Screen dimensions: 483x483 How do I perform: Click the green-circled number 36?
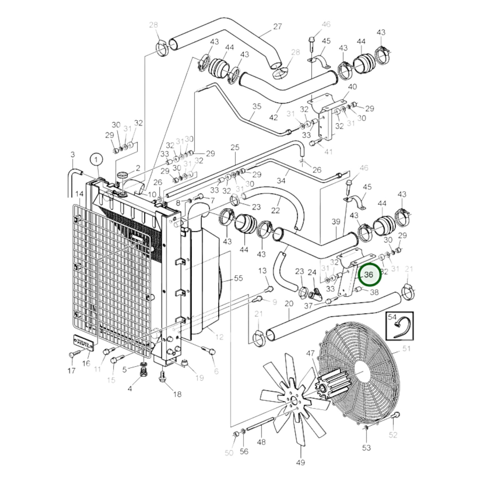[369, 275]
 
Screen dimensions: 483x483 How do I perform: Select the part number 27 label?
[277, 26]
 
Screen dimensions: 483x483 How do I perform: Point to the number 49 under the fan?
[300, 462]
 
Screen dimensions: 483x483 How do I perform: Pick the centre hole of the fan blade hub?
[294, 400]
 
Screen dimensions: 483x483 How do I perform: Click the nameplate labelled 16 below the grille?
[84, 342]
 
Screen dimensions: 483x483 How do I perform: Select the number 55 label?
[238, 278]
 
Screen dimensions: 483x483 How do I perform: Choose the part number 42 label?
[273, 117]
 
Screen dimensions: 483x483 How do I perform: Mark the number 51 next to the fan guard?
[406, 349]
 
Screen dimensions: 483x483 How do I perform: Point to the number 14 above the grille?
[79, 194]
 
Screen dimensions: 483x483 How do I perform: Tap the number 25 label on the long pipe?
[235, 147]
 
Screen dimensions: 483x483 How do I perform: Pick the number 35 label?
[257, 106]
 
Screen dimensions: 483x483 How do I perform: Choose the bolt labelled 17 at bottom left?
[71, 355]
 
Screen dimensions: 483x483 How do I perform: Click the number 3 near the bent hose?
[73, 155]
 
